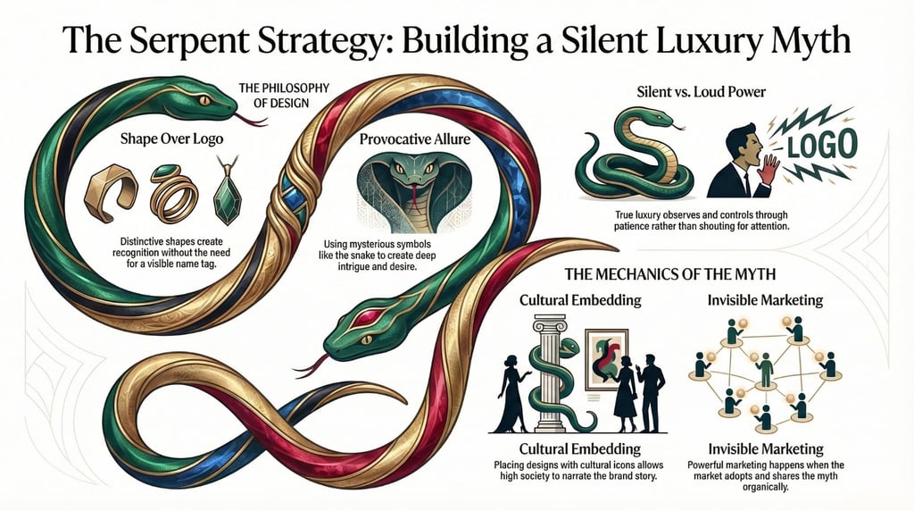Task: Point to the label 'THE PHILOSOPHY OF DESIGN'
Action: (x=284, y=95)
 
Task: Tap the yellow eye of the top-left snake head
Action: (x=204, y=99)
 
